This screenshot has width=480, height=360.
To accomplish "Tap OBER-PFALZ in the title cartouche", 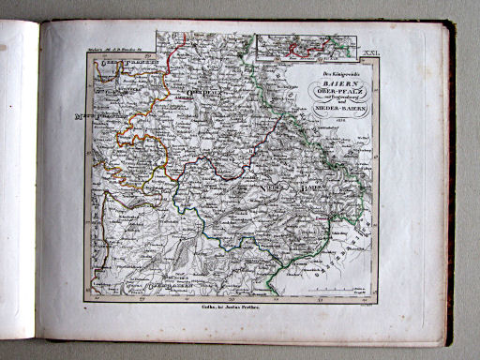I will [335, 92].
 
